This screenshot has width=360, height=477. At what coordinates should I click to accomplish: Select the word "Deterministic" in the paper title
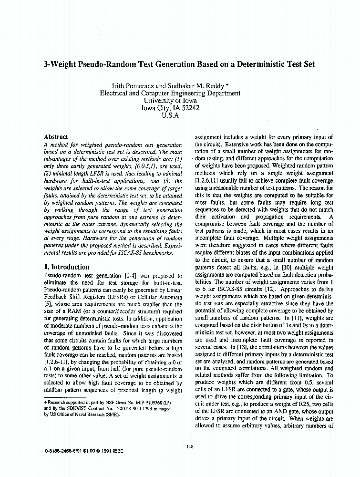[259, 64]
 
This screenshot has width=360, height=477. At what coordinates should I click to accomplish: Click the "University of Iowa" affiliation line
[170, 101]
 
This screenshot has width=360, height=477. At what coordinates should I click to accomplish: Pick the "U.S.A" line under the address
[170, 115]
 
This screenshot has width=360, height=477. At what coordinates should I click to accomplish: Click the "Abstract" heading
[56, 137]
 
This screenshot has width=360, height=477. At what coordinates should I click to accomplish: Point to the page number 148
[189, 446]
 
